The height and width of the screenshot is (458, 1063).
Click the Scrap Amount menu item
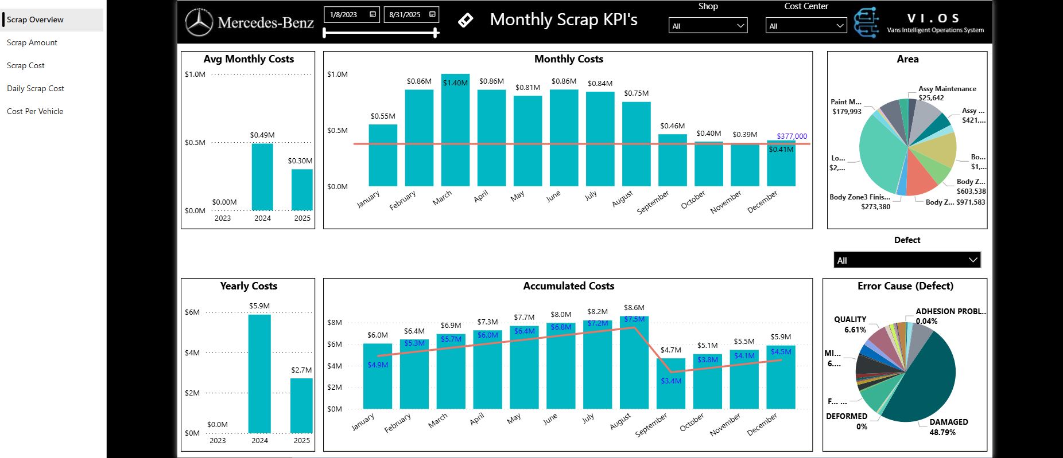pyautogui.click(x=32, y=42)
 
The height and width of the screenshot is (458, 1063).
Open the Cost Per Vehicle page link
pyautogui.click(x=35, y=111)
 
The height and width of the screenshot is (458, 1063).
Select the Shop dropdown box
pyautogui.click(x=708, y=26)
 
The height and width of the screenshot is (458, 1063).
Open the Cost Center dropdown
pyautogui.click(x=806, y=26)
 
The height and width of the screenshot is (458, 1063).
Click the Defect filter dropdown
pyautogui.click(x=907, y=260)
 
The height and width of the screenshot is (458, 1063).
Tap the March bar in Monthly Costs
pyautogui.click(x=455, y=132)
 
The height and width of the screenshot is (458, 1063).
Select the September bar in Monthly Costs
pyautogui.click(x=672, y=161)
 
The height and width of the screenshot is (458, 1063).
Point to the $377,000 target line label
pyautogui.click(x=792, y=136)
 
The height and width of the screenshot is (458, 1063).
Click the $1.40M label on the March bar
pyautogui.click(x=455, y=83)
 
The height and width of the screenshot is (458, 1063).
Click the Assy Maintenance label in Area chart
pyautogui.click(x=947, y=89)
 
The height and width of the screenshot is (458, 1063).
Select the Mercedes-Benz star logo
pyautogui.click(x=199, y=23)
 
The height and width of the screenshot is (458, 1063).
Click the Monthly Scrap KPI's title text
pyautogui.click(x=564, y=20)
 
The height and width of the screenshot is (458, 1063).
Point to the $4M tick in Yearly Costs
pyautogui.click(x=192, y=353)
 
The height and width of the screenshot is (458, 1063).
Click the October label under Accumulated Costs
pyautogui.click(x=692, y=423)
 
